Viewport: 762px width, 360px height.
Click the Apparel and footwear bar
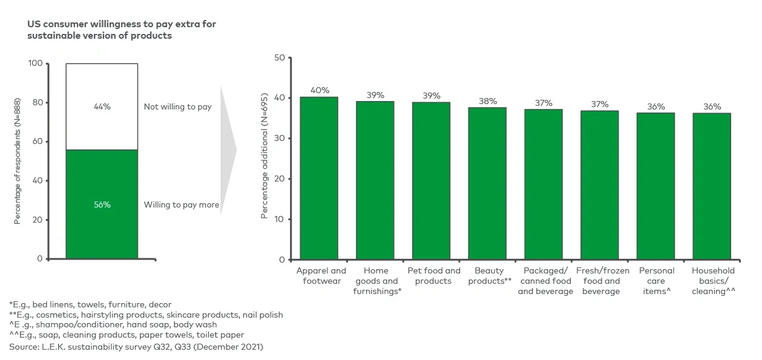click(319, 178)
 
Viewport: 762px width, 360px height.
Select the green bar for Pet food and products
click(431, 180)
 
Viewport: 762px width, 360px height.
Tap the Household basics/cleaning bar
click(712, 186)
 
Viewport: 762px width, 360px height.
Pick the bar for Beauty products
click(487, 183)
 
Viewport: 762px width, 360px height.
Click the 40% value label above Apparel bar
click(320, 90)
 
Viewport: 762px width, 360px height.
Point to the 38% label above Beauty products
click(487, 101)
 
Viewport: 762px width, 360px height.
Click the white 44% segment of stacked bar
click(102, 106)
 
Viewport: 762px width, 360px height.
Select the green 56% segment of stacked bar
click(102, 205)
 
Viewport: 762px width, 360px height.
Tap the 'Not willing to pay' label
click(177, 106)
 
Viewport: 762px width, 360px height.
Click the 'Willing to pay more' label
click(181, 205)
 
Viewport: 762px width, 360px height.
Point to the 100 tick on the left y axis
click(35, 64)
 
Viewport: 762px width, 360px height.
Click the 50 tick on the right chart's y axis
click(279, 58)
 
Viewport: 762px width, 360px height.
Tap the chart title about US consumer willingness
click(121, 30)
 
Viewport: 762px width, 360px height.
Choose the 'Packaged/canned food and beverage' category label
click(545, 281)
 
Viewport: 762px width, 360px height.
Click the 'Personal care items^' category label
click(656, 281)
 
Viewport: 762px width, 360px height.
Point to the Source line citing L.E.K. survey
click(136, 347)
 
